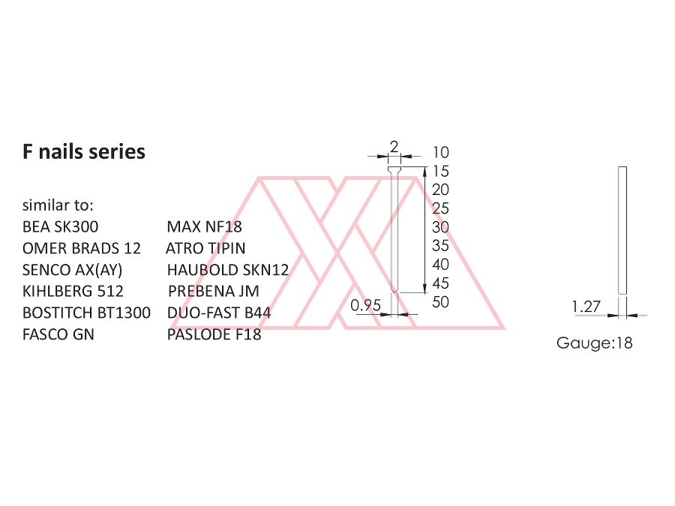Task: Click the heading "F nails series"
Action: click(84, 152)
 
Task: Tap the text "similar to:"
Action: click(58, 205)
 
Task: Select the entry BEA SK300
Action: click(60, 226)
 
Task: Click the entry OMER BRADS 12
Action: click(81, 248)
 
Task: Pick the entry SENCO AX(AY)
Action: click(72, 270)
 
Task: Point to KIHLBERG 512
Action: click(73, 292)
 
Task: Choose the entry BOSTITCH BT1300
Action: click(86, 313)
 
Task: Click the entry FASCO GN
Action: click(58, 334)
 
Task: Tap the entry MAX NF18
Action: click(205, 226)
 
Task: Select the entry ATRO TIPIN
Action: click(205, 248)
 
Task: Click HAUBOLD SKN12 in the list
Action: click(228, 270)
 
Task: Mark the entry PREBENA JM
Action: click(214, 292)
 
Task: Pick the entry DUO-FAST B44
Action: click(219, 313)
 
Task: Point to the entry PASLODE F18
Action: click(214, 334)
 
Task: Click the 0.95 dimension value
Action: click(365, 306)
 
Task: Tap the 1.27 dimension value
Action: click(586, 307)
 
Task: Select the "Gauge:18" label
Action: click(595, 343)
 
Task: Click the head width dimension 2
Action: click(394, 147)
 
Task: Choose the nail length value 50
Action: click(440, 302)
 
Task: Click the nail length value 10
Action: click(441, 152)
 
